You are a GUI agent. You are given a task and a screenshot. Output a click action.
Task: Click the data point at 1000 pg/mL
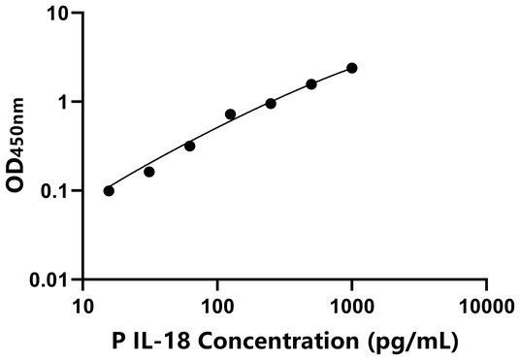[351, 68]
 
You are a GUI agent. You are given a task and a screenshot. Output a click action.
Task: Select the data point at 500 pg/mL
[311, 84]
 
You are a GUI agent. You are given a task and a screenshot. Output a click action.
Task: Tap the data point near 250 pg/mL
[271, 103]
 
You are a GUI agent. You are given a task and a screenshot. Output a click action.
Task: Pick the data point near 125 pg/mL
[230, 115]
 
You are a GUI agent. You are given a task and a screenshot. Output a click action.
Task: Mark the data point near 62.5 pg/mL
[189, 146]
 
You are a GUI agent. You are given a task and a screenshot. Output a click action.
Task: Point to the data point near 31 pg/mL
[148, 172]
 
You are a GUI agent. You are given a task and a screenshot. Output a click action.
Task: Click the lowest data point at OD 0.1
[109, 190]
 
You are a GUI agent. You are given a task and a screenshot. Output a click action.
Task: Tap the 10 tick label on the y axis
[59, 15]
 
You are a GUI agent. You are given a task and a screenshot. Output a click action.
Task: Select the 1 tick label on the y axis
[64, 102]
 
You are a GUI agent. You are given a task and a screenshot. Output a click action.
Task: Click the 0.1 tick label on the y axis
[54, 190]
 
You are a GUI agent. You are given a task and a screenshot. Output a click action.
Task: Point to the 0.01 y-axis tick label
[49, 279]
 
